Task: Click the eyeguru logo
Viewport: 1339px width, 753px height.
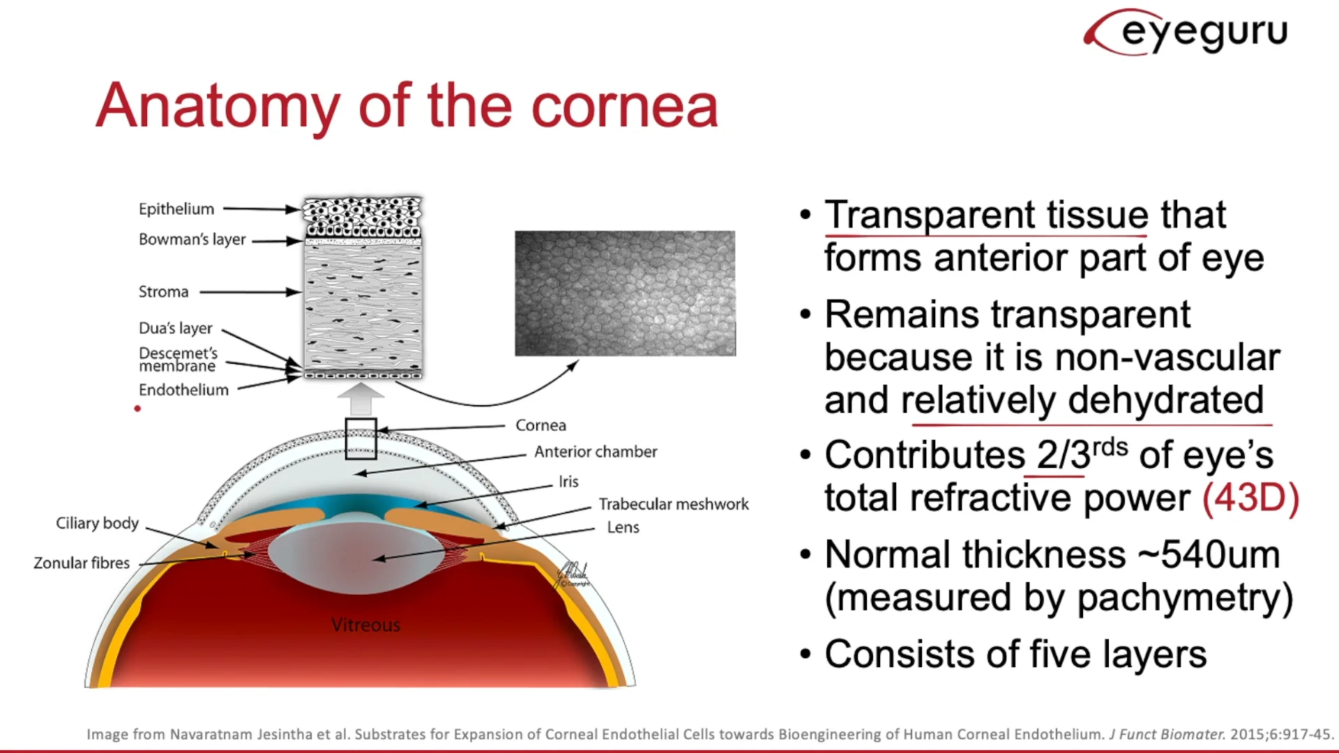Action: tap(1186, 32)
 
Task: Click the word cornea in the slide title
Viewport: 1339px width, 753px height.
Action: tap(624, 106)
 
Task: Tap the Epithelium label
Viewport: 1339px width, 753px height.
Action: tap(176, 209)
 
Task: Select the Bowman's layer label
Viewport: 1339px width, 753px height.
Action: tap(192, 239)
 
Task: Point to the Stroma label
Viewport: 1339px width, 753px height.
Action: tap(163, 291)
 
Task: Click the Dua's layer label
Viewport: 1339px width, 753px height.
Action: tap(175, 328)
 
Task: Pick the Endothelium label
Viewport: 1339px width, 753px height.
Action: tap(183, 390)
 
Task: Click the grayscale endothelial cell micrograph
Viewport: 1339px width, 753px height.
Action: tap(625, 294)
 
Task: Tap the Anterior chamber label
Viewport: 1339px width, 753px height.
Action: tap(596, 452)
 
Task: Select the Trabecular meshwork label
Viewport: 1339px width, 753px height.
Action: tap(674, 504)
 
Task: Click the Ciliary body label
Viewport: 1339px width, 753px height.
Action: tap(97, 523)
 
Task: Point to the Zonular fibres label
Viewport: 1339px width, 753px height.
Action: tap(82, 563)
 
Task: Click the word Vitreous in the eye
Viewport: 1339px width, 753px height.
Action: tap(365, 625)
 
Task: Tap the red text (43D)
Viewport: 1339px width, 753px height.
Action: tap(1250, 498)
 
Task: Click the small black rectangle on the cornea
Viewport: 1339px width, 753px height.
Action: tap(361, 439)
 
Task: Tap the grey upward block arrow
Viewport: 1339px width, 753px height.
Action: tap(361, 400)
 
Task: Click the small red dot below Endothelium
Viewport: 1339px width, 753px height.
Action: tap(137, 409)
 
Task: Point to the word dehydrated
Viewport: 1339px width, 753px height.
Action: tap(1165, 400)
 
